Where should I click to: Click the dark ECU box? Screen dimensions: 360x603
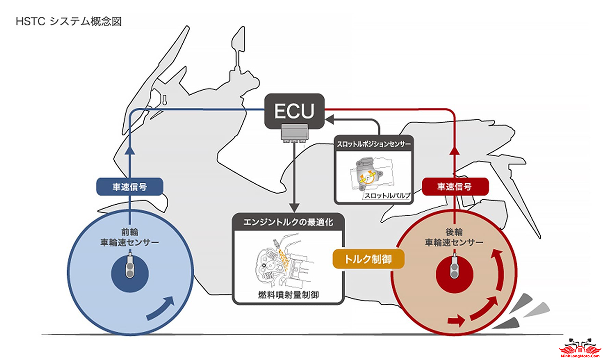tap(294, 112)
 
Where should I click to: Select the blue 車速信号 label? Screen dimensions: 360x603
tap(130, 187)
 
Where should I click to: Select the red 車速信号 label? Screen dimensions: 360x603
tap(454, 187)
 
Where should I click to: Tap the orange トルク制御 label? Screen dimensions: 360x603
tap(369, 258)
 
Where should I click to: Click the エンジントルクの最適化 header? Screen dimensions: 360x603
tap(289, 222)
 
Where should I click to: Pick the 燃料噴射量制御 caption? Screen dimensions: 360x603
tap(289, 295)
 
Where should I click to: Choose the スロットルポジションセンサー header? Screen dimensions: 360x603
tap(374, 144)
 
